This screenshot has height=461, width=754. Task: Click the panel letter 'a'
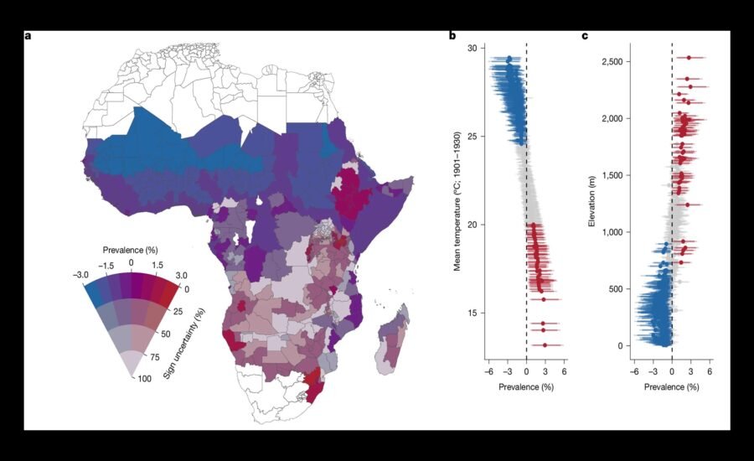pyautogui.click(x=28, y=36)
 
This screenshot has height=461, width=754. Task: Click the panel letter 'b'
pyautogui.click(x=452, y=35)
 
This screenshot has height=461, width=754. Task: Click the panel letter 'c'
pyautogui.click(x=585, y=36)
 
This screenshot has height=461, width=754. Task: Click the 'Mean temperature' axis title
pyautogui.click(x=457, y=200)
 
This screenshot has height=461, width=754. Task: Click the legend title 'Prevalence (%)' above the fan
pyautogui.click(x=131, y=251)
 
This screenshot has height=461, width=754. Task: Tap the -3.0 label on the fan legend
pyautogui.click(x=80, y=275)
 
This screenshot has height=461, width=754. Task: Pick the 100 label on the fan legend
pyautogui.click(x=145, y=379)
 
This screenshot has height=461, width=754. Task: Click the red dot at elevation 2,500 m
pyautogui.click(x=689, y=58)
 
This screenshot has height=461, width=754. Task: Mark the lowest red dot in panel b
pyautogui.click(x=545, y=345)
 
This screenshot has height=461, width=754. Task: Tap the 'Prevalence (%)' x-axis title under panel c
pyautogui.click(x=671, y=387)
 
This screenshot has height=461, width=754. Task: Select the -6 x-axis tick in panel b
pyautogui.click(x=488, y=371)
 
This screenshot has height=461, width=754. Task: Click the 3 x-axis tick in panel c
pyautogui.click(x=691, y=371)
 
